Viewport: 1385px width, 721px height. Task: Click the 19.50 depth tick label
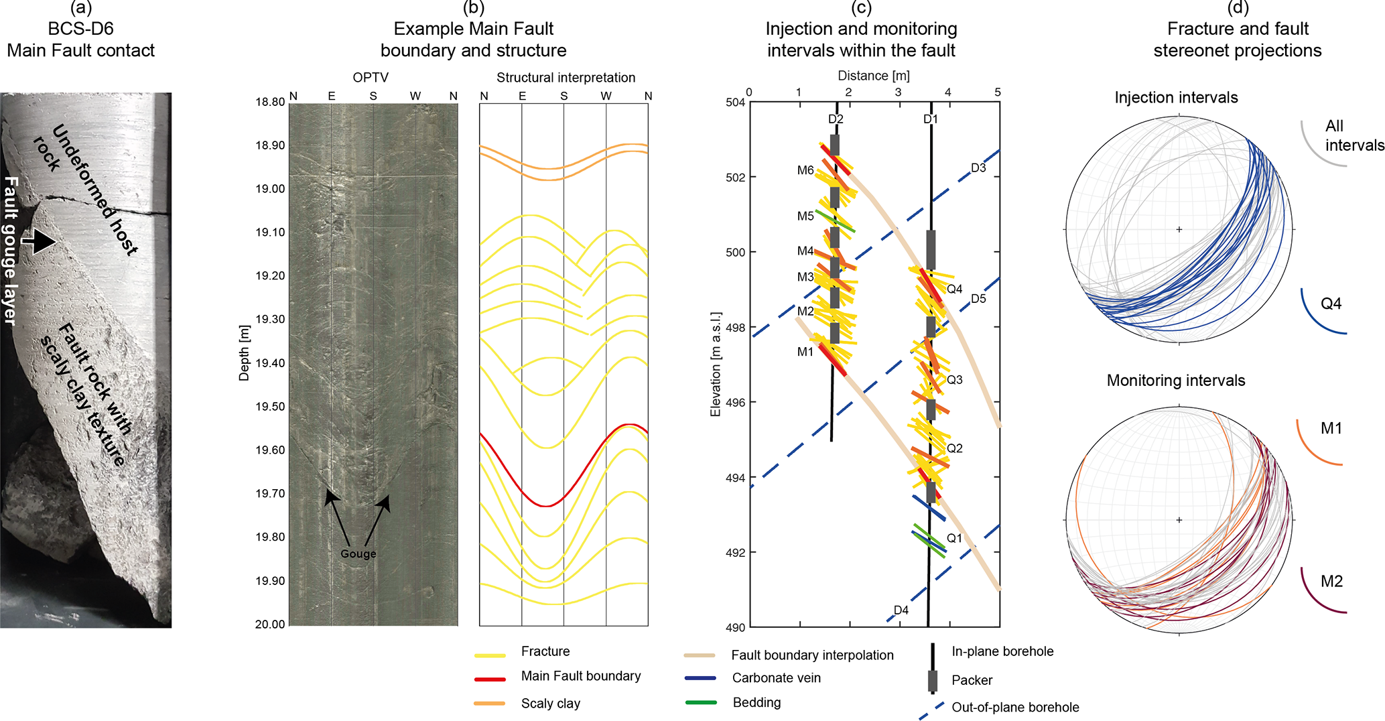pyautogui.click(x=269, y=407)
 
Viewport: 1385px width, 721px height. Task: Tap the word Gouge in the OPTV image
pyautogui.click(x=358, y=553)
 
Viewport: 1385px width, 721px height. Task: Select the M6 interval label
pyautogui.click(x=805, y=170)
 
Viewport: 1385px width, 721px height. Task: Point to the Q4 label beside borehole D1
pyautogui.click(x=954, y=289)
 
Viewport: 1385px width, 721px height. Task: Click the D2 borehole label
pyautogui.click(x=836, y=119)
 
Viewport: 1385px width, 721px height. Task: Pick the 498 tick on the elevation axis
pyautogui.click(x=735, y=328)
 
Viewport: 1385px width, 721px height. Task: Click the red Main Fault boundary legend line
pyautogui.click(x=490, y=679)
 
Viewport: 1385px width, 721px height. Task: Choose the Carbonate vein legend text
pyautogui.click(x=776, y=677)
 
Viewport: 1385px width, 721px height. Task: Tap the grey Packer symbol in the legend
pyautogui.click(x=932, y=680)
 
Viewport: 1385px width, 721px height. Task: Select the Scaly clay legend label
pyautogui.click(x=550, y=703)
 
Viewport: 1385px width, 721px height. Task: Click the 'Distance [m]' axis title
pyautogui.click(x=874, y=76)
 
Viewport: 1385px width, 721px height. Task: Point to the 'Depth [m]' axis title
pyautogui.click(x=244, y=353)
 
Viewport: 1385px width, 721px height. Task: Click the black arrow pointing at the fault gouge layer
pyautogui.click(x=40, y=241)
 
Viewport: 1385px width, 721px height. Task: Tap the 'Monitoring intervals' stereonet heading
pyautogui.click(x=1175, y=381)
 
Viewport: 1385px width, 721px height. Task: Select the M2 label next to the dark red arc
pyautogui.click(x=1331, y=581)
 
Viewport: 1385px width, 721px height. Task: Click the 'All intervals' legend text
pyautogui.click(x=1354, y=135)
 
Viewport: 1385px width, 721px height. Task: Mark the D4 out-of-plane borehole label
pyautogui.click(x=901, y=610)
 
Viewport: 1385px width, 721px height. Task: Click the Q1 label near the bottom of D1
pyautogui.click(x=954, y=538)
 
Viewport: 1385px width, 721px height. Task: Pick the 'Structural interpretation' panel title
pyautogui.click(x=566, y=78)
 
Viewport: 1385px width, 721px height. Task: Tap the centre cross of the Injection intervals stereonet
pyautogui.click(x=1179, y=229)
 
